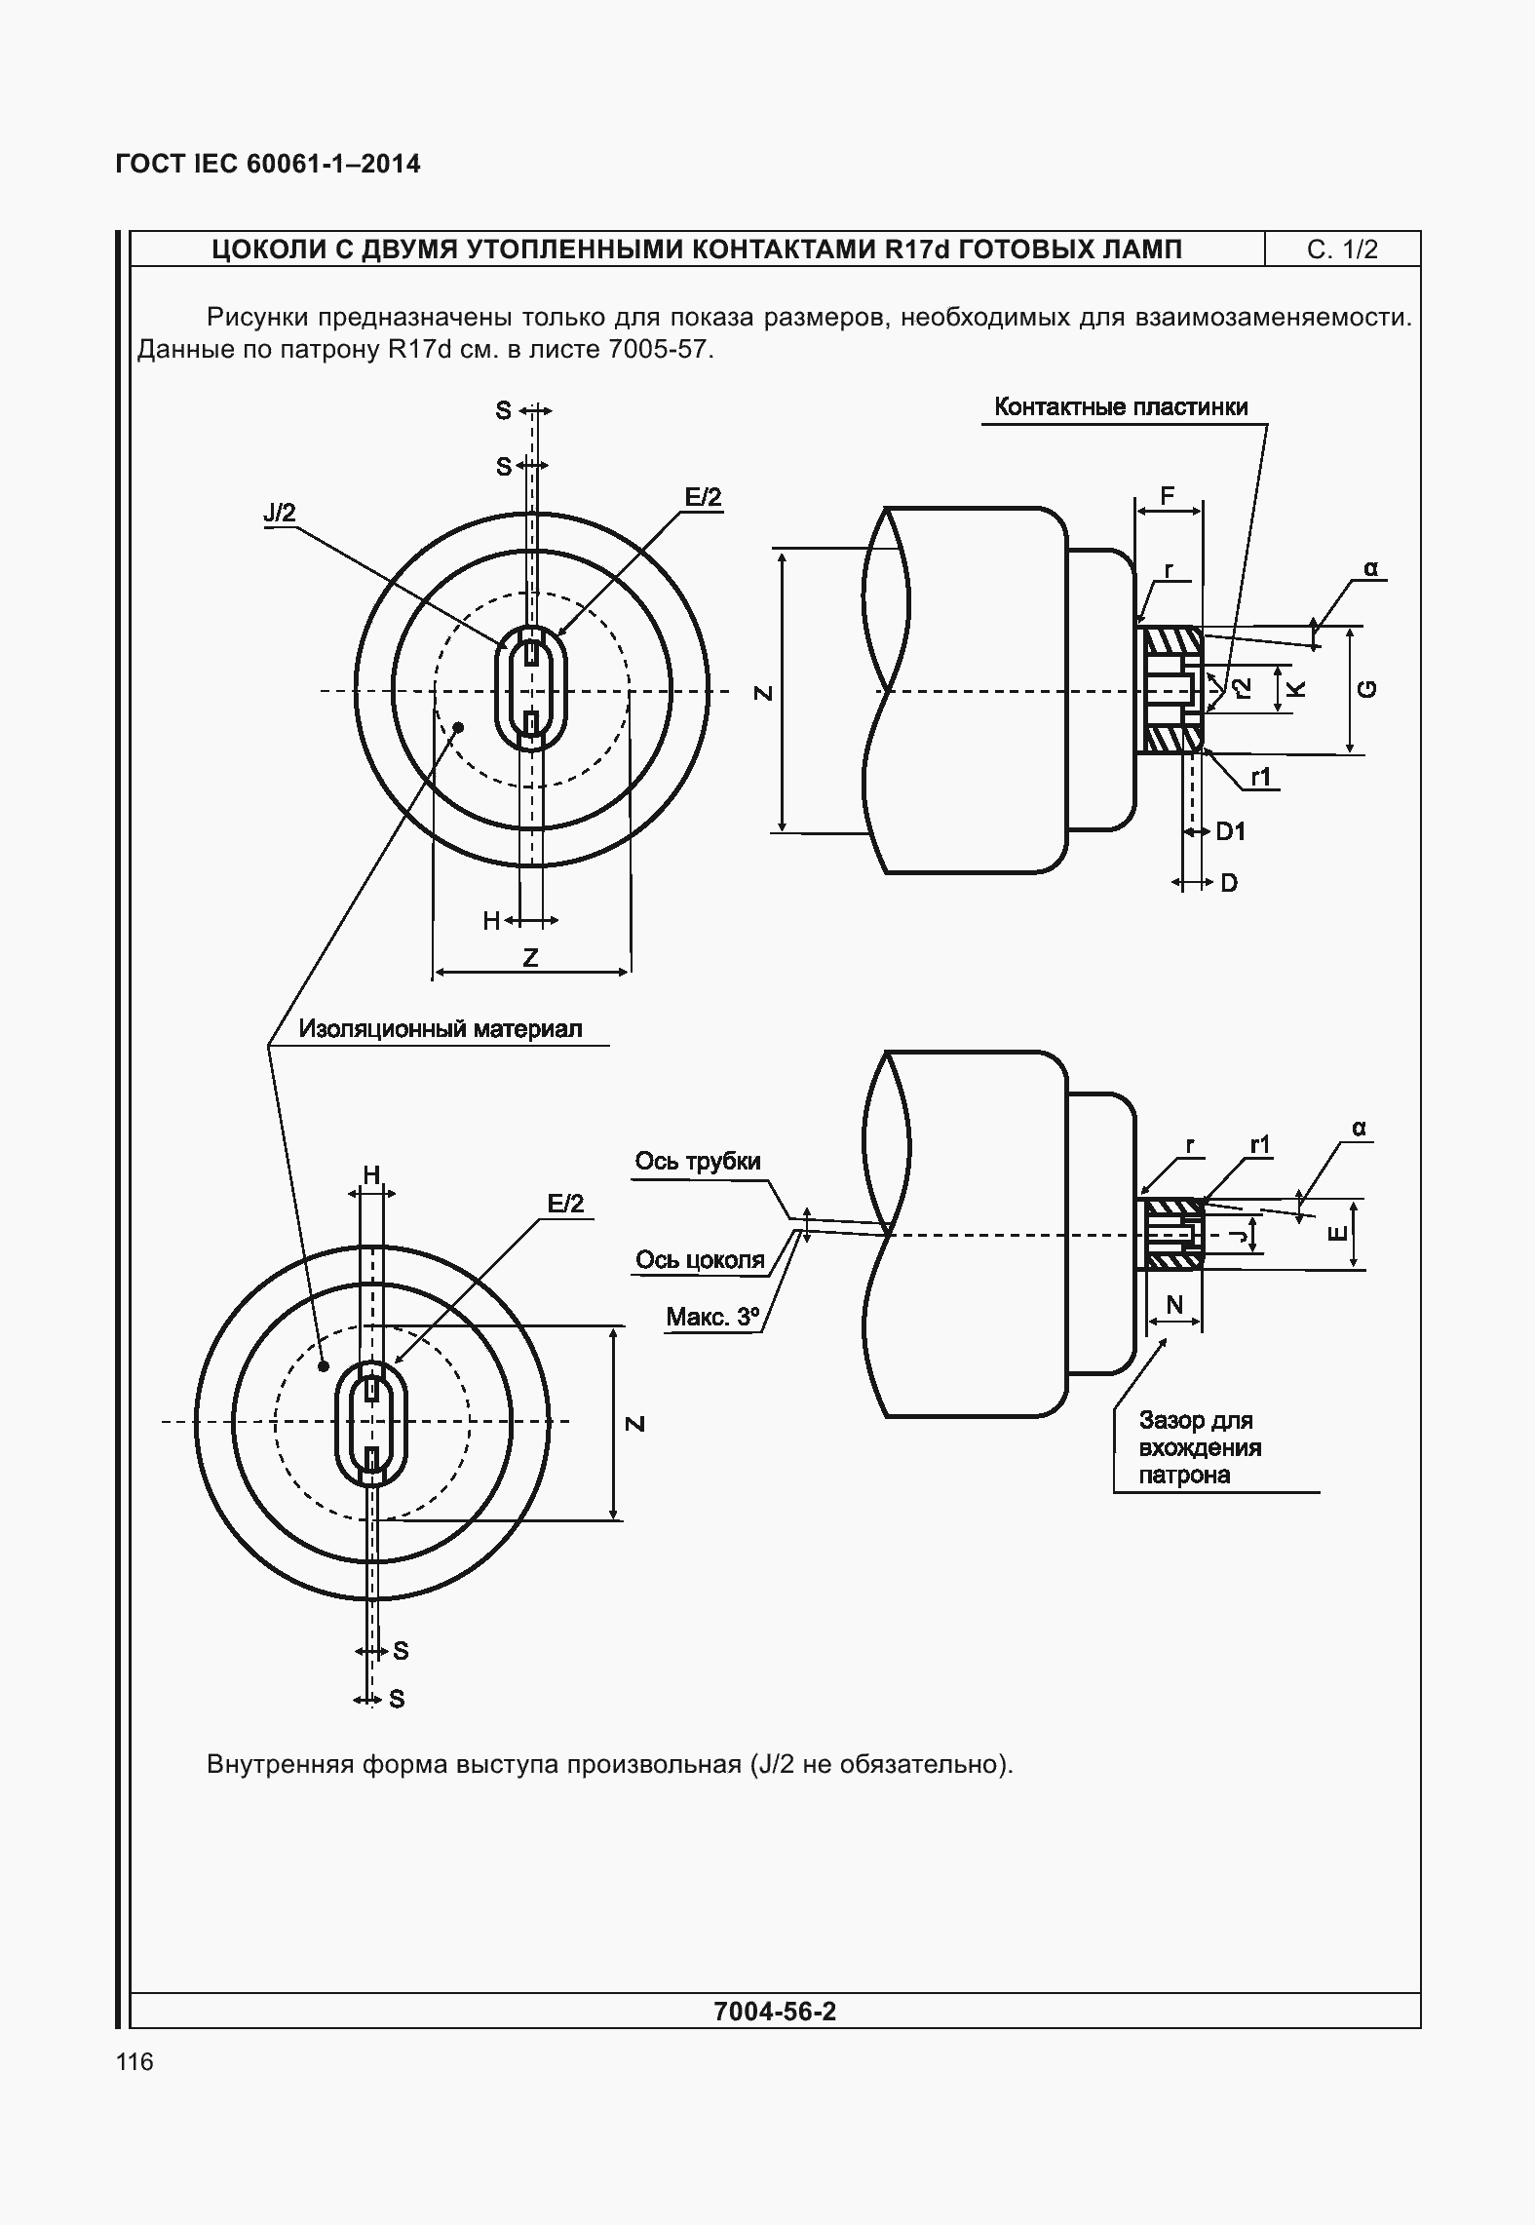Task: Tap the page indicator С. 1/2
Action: (x=1342, y=249)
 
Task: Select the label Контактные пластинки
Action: (x=1121, y=407)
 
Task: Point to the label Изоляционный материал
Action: (x=441, y=1028)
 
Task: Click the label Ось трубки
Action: (x=698, y=1161)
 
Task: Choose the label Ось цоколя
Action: (x=700, y=1260)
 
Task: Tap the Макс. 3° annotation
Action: (x=712, y=1318)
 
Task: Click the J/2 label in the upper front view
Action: (x=279, y=514)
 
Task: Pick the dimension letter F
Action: (x=1168, y=496)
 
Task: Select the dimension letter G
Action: (x=1367, y=689)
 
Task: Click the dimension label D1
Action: (x=1231, y=831)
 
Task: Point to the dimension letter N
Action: (x=1174, y=1304)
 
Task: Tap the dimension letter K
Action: (x=1295, y=689)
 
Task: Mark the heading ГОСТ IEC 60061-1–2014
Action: (x=268, y=164)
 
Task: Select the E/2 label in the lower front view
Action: (x=565, y=1204)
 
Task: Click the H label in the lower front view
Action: (x=371, y=1175)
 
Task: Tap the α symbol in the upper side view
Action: (x=1370, y=568)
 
